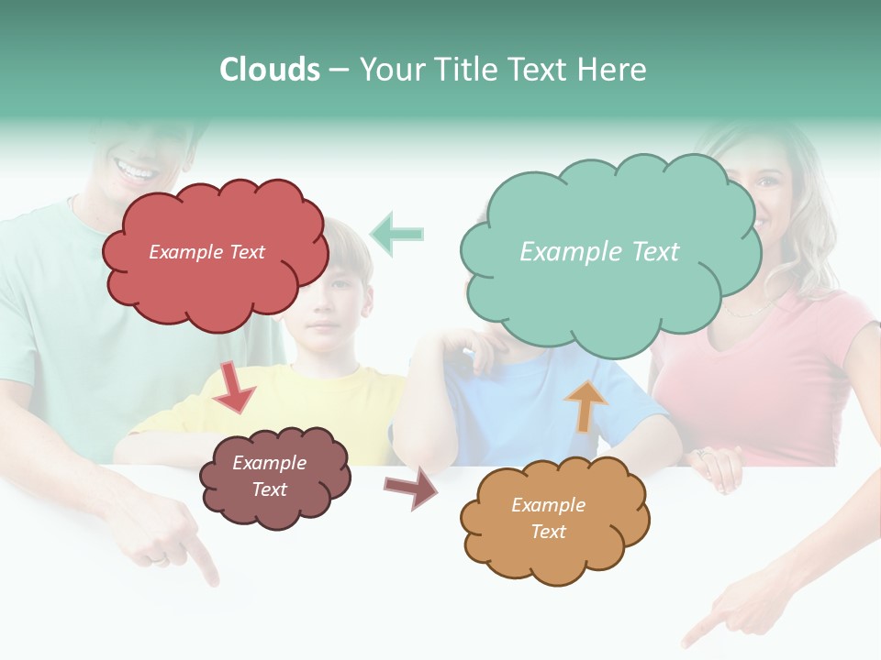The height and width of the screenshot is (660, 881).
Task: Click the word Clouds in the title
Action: click(x=270, y=70)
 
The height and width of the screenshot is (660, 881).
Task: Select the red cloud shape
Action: click(x=214, y=253)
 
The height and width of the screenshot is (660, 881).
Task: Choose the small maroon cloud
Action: click(x=274, y=477)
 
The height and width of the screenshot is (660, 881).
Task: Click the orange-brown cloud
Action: click(x=554, y=519)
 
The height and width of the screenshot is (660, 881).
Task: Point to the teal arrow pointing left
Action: click(x=396, y=234)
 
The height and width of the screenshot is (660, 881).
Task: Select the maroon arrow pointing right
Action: click(x=410, y=489)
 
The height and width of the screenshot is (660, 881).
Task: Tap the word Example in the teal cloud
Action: click(x=561, y=252)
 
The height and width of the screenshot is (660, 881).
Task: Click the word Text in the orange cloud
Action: click(x=549, y=532)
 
